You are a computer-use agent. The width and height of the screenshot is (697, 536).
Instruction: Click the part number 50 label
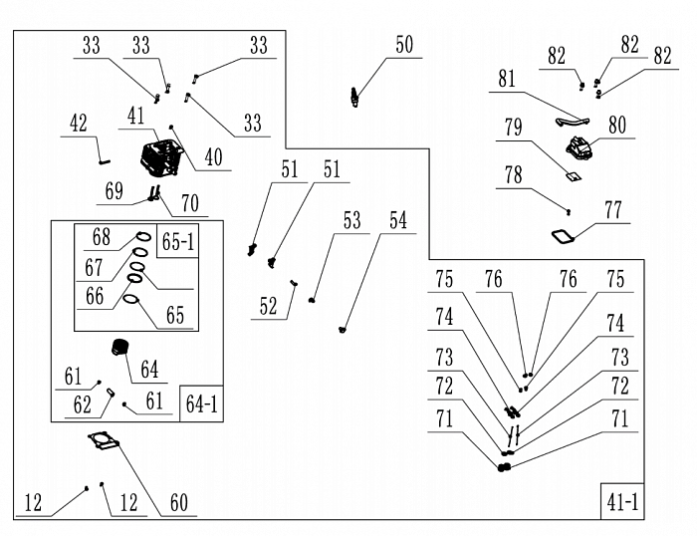(403, 45)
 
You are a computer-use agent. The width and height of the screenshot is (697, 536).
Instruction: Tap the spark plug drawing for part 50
(353, 96)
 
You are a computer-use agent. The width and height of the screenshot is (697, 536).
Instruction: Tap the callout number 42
(79, 124)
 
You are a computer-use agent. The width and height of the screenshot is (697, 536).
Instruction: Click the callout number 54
(397, 221)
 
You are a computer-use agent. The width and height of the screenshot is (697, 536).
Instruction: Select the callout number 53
(351, 221)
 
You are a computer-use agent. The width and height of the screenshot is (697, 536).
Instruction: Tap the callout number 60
(178, 503)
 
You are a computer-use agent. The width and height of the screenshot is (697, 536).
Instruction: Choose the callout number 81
(507, 79)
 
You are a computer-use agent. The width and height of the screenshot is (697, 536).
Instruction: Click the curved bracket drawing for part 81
(569, 119)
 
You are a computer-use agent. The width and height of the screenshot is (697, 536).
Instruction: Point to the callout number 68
(101, 239)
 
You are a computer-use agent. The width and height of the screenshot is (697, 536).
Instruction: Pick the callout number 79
(513, 129)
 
